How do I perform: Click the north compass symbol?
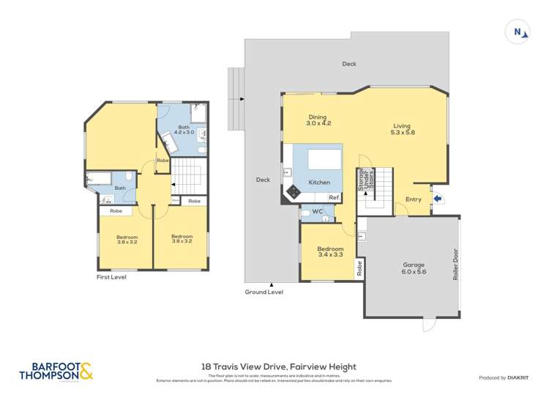518,32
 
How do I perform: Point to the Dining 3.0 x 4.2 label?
318,120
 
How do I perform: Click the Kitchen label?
318,183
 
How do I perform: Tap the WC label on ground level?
317,213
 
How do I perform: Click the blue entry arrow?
438,198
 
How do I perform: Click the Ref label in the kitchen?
333,198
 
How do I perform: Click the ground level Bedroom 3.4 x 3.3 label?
329,253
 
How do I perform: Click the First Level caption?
113,278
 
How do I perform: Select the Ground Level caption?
264,292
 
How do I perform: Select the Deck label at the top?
349,64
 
